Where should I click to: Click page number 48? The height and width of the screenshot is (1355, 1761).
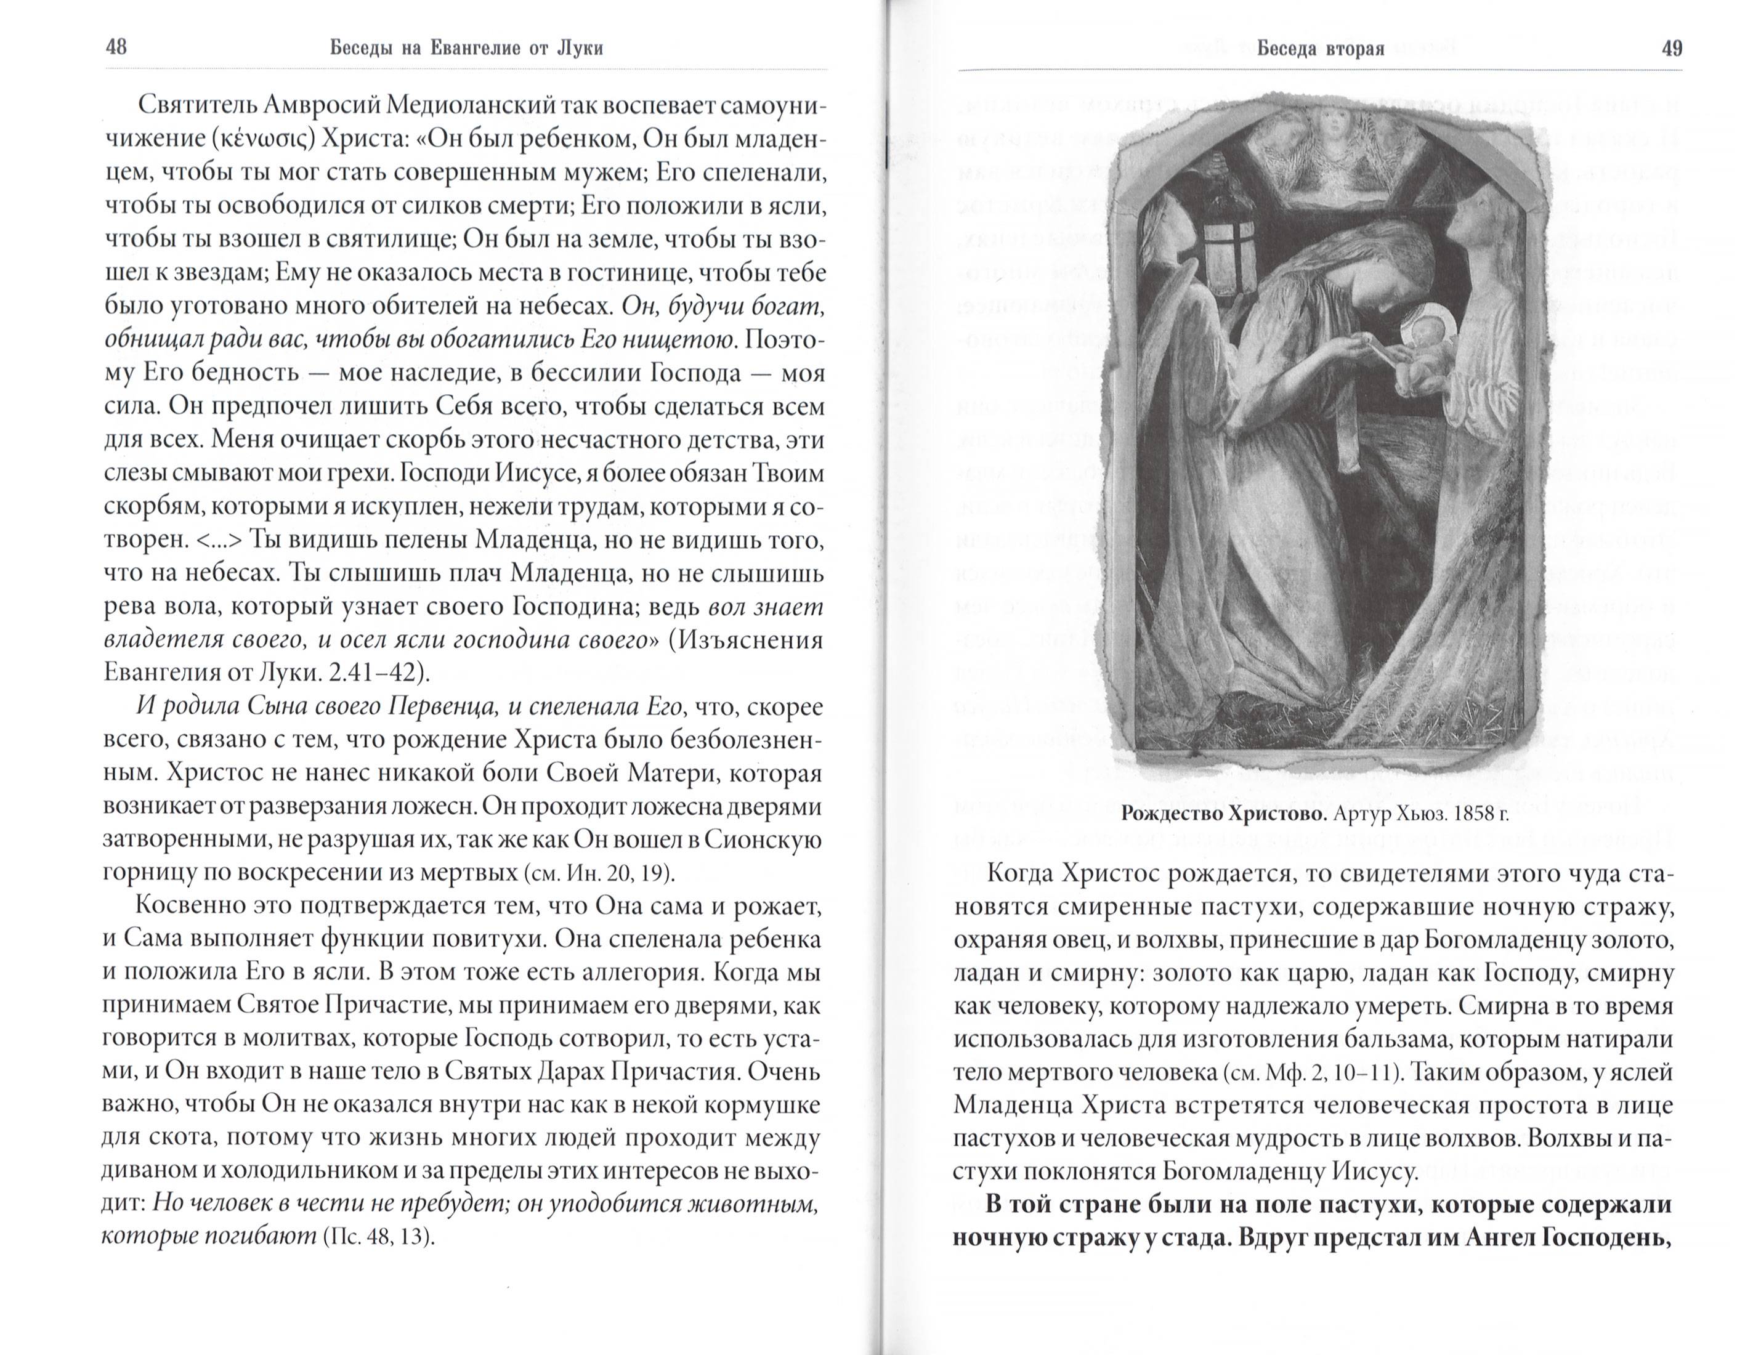(116, 47)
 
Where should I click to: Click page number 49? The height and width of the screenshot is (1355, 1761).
(1672, 49)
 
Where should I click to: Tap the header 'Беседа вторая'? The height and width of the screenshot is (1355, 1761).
(1320, 49)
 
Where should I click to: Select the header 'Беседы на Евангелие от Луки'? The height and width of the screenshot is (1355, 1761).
(466, 49)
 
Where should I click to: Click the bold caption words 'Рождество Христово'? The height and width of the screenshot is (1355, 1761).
(1224, 814)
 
